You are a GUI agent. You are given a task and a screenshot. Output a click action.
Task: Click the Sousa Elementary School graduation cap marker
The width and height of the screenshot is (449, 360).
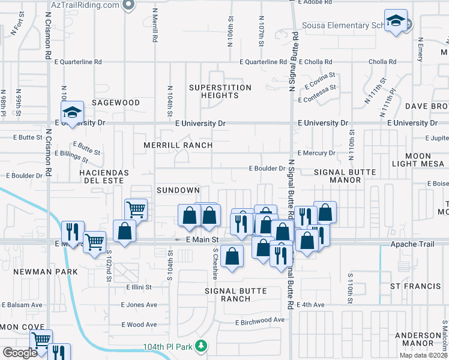tap(396, 22)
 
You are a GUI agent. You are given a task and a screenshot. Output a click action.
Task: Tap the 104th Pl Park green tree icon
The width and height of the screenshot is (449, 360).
tap(203, 347)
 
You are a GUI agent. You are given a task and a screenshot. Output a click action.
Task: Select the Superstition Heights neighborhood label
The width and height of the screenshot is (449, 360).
tap(220, 91)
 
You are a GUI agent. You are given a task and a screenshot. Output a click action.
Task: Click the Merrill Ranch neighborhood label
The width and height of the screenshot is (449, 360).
tap(178, 145)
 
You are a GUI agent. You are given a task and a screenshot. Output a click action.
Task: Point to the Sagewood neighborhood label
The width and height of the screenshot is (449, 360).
tap(116, 103)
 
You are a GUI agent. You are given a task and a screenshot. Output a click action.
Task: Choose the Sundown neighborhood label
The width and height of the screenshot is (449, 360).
tap(178, 190)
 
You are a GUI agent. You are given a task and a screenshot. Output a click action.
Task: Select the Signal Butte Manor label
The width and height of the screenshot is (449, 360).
tap(345, 176)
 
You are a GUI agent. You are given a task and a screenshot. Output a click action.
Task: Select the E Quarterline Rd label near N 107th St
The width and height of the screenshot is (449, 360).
tap(263, 62)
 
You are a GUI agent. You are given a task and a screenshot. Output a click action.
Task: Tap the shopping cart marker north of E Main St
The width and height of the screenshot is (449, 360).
tap(136, 209)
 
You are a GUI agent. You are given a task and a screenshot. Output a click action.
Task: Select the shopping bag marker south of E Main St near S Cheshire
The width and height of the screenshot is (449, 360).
tap(232, 256)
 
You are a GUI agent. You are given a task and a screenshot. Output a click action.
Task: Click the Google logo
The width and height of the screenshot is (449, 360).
tap(20, 353)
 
